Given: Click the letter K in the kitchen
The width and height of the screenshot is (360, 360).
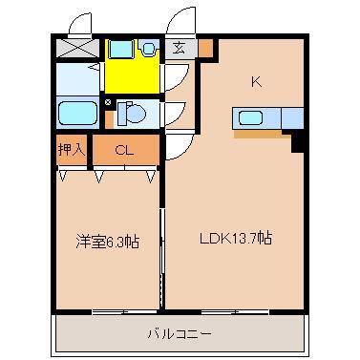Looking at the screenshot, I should point(256,81).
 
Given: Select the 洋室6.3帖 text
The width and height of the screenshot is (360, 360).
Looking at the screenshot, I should point(108,242).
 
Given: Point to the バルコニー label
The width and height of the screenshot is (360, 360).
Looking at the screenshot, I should point(179,333).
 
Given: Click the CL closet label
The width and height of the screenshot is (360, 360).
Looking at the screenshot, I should point(124,149).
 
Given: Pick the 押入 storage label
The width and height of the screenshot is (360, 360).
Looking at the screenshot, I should point(72,149).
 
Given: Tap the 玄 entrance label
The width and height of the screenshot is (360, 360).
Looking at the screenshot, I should point(180,47).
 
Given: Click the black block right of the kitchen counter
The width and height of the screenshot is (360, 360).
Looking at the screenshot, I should point(296,140).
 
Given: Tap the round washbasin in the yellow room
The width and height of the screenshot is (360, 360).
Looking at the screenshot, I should point(149,47).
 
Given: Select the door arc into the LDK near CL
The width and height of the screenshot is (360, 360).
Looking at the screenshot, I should point(176,148).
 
